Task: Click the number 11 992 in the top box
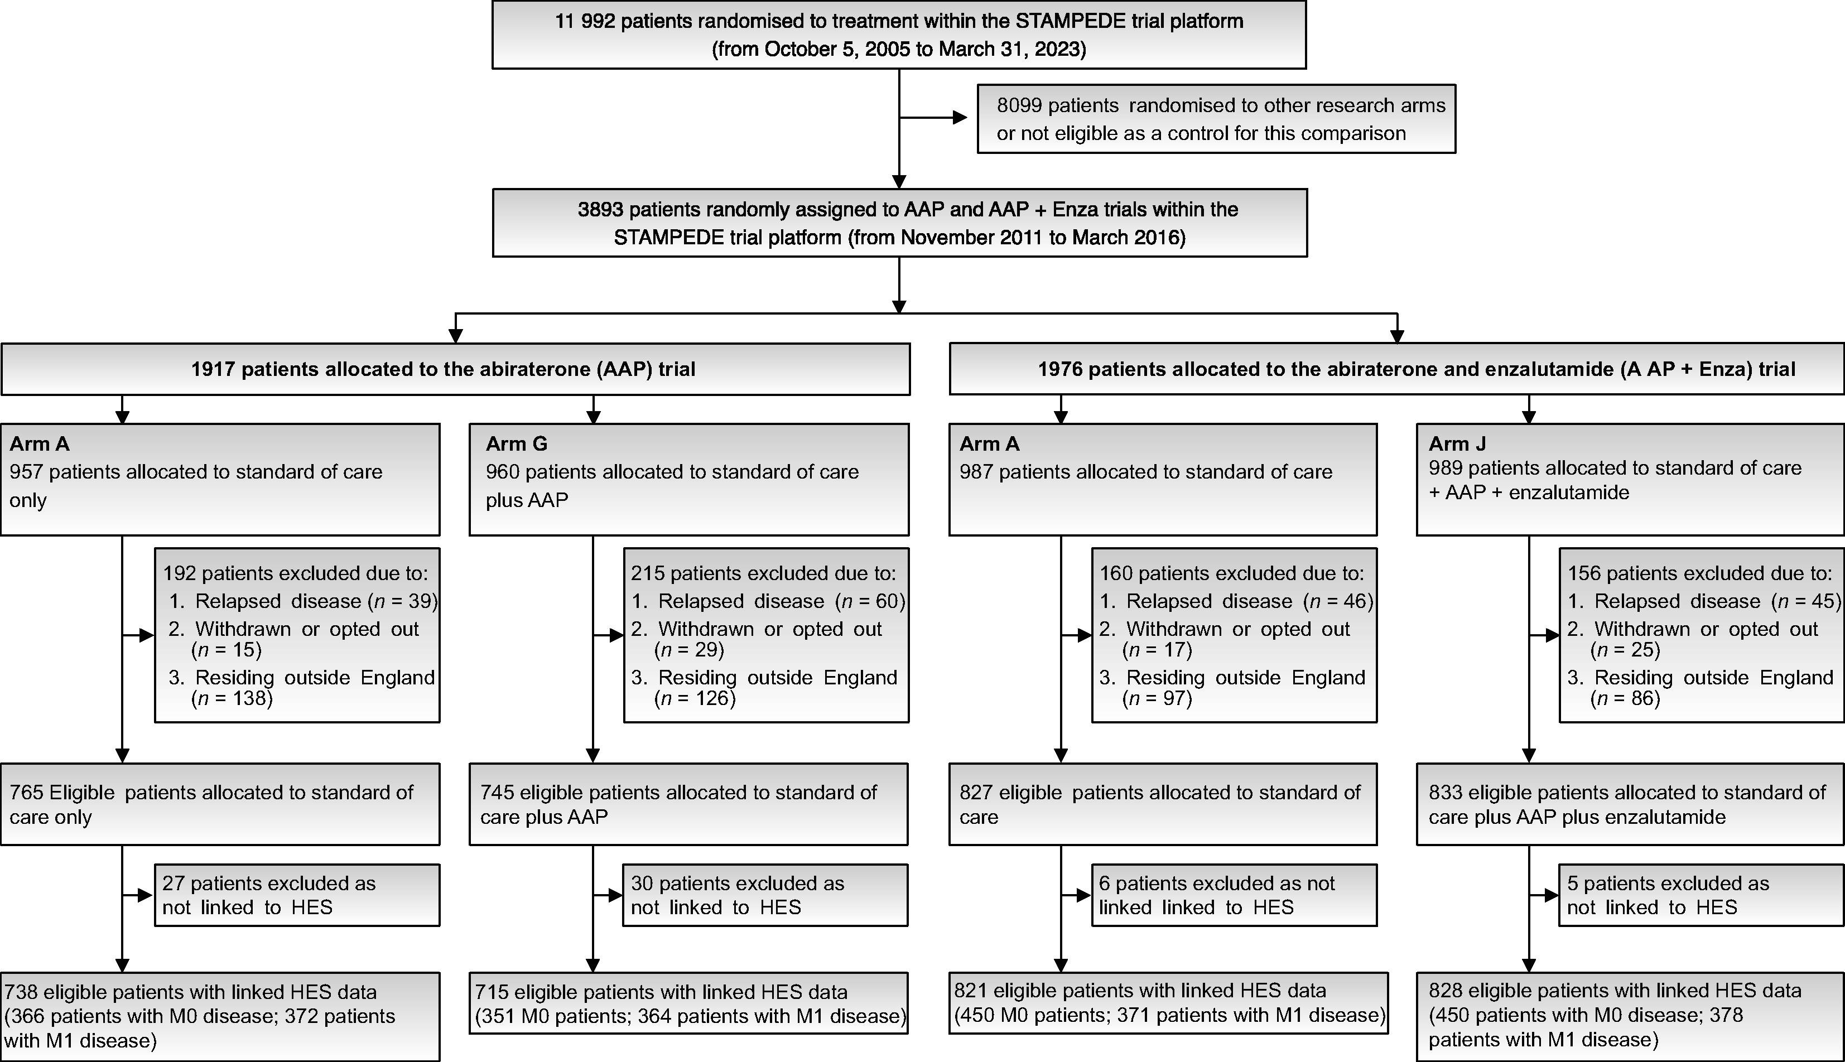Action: click(585, 21)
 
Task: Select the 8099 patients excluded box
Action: click(1216, 119)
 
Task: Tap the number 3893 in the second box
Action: click(600, 210)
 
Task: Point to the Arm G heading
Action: click(517, 443)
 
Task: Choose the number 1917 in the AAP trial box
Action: click(213, 369)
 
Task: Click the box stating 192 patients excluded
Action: click(297, 635)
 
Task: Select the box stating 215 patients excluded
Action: click(766, 635)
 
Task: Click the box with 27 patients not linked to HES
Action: click(297, 895)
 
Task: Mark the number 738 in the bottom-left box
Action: click(22, 992)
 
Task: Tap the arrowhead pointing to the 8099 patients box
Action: click(960, 118)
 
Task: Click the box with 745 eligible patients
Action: click(688, 804)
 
